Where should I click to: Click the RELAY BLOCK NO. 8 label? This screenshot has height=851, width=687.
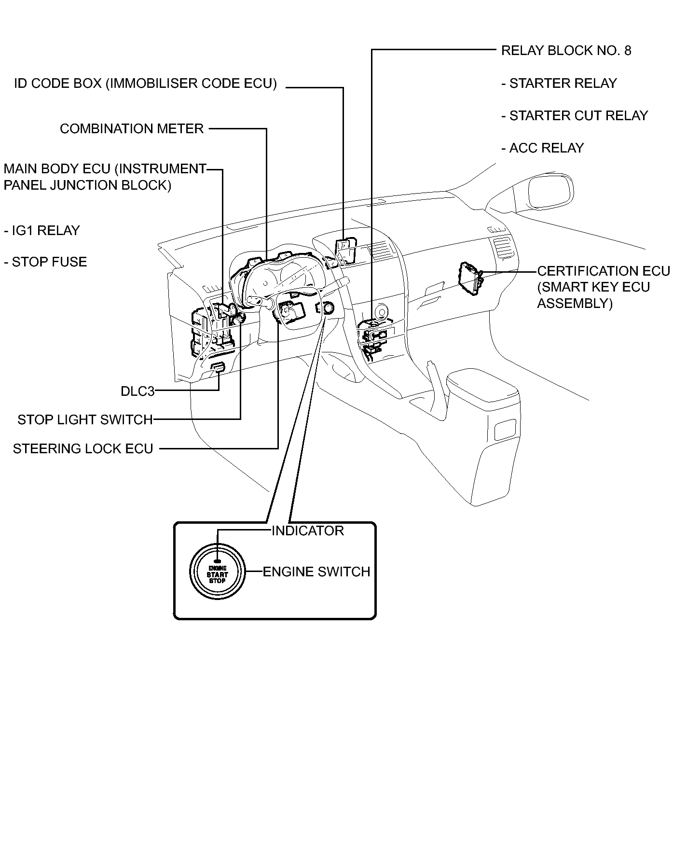pyautogui.click(x=566, y=51)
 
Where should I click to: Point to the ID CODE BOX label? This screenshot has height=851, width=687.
pyautogui.click(x=145, y=84)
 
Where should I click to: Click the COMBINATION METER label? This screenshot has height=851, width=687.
pyautogui.click(x=132, y=129)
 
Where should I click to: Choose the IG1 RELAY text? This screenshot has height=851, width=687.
pyautogui.click(x=42, y=231)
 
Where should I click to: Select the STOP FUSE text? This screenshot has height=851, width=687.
pyautogui.click(x=46, y=262)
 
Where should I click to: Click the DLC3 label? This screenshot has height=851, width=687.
pyautogui.click(x=137, y=391)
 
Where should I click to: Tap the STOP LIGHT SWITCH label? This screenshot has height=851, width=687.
pyautogui.click(x=85, y=419)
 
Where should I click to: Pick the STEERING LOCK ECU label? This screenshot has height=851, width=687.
pyautogui.click(x=83, y=449)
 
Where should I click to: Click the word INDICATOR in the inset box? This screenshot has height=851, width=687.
pyautogui.click(x=307, y=531)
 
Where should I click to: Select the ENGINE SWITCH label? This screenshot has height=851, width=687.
pyautogui.click(x=316, y=572)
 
